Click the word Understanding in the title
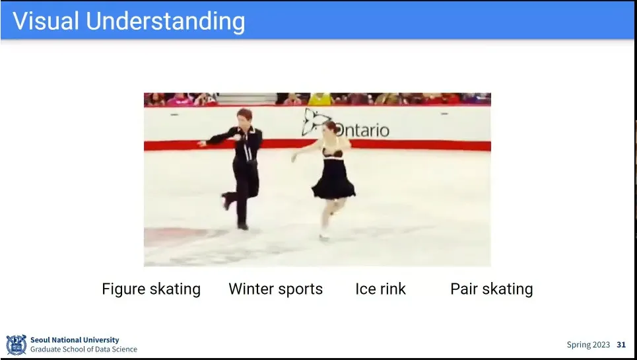(x=165, y=21)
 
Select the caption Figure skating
(x=151, y=289)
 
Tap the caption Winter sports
(x=276, y=289)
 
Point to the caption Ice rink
(x=380, y=289)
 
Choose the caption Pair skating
(x=492, y=289)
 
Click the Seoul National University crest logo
(x=17, y=345)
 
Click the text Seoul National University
(x=75, y=340)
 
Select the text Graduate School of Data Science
(x=84, y=349)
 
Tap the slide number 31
(x=621, y=345)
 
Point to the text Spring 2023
(x=588, y=345)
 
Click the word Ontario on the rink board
(x=362, y=130)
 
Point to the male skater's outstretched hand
(x=201, y=143)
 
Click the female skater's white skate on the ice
(x=324, y=235)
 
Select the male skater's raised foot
(x=224, y=201)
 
